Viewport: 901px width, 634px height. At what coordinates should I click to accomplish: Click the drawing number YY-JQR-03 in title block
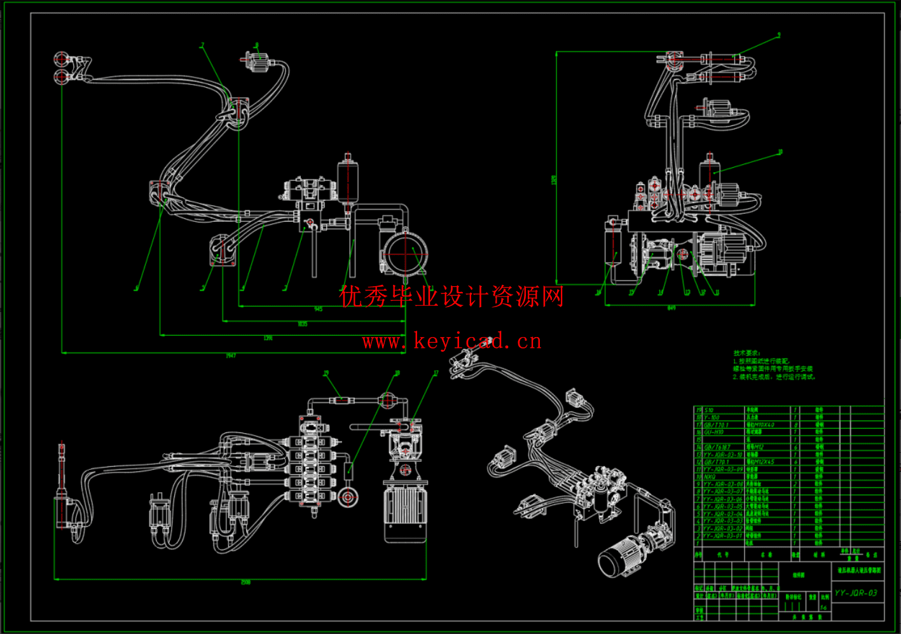pyautogui.click(x=856, y=593)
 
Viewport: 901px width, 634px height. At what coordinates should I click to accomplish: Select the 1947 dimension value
pyautogui.click(x=231, y=355)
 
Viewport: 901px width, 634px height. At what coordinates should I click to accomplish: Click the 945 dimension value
pyautogui.click(x=319, y=309)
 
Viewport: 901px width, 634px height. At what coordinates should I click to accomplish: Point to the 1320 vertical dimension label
pyautogui.click(x=553, y=180)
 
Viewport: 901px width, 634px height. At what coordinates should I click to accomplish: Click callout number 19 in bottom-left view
pyautogui.click(x=326, y=373)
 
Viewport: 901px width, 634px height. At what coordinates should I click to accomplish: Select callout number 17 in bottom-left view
pyautogui.click(x=436, y=373)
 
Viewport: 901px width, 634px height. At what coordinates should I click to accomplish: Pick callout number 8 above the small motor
pyautogui.click(x=257, y=45)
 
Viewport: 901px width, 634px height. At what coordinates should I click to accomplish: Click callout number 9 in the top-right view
pyautogui.click(x=778, y=36)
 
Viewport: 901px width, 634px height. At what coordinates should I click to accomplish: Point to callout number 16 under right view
pyautogui.click(x=598, y=293)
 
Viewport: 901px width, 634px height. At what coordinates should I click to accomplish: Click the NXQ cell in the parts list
pyautogui.click(x=710, y=477)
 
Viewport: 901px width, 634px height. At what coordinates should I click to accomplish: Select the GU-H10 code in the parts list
pyautogui.click(x=713, y=432)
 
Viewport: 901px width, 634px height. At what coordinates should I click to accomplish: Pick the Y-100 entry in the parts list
pyautogui.click(x=712, y=418)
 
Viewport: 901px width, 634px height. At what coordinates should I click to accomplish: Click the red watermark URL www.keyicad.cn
pyautogui.click(x=451, y=341)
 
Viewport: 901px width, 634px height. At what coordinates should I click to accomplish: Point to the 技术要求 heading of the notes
pyautogui.click(x=746, y=353)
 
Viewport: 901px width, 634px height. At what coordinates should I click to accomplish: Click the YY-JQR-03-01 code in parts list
pyautogui.click(x=722, y=536)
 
